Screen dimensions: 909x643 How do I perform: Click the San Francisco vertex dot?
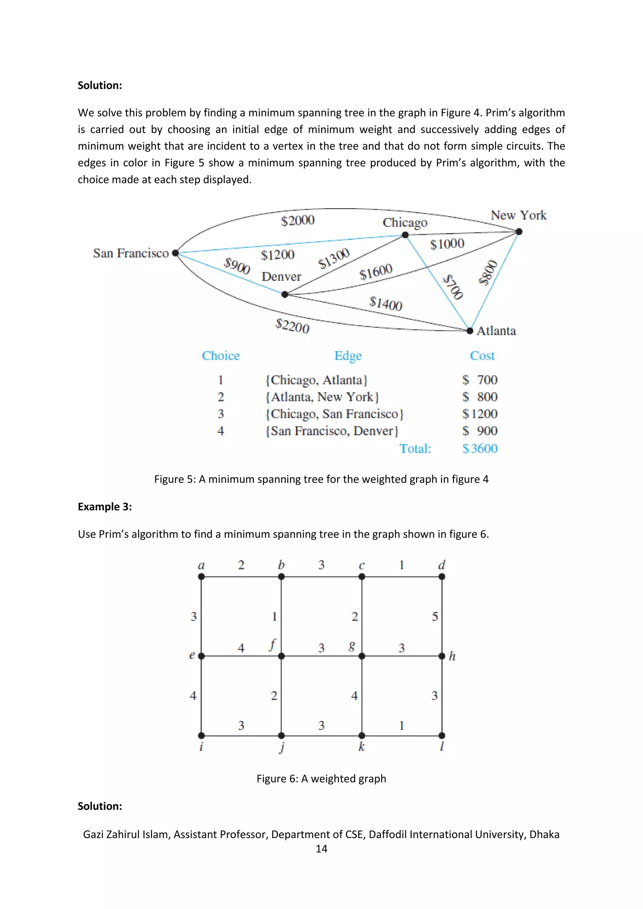[x=176, y=253]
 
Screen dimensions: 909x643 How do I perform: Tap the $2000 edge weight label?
[x=298, y=220]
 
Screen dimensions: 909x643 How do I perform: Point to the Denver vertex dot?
[x=285, y=294]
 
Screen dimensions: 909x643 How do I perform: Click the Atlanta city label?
[x=496, y=331]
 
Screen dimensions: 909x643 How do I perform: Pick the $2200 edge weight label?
[x=292, y=326]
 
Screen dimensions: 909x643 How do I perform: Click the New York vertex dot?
[x=519, y=232]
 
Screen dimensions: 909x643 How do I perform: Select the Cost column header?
[x=482, y=356]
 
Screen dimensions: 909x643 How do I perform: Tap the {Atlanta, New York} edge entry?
[x=322, y=397]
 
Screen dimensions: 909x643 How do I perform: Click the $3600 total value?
[x=480, y=448]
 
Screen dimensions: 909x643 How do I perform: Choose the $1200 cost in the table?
[x=480, y=414]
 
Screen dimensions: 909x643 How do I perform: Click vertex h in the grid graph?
[x=442, y=656]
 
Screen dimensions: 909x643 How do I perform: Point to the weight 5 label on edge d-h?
[x=435, y=616]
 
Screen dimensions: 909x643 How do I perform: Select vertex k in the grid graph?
[x=361, y=735]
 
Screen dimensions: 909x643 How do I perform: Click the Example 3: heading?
[x=105, y=506]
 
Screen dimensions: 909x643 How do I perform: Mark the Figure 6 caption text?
[x=321, y=778]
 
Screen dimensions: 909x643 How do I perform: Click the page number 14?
[x=321, y=848]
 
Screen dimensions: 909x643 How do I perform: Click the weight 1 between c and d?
[x=402, y=565]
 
